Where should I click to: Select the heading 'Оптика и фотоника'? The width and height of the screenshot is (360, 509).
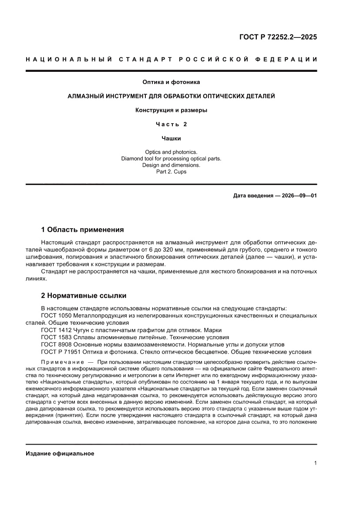click(171, 81)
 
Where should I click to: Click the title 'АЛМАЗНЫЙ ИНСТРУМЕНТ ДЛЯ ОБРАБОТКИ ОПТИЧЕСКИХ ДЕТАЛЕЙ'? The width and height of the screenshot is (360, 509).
click(171, 96)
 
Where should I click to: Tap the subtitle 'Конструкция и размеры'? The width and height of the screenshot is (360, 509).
click(171, 110)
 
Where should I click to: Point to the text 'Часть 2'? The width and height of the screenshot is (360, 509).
click(171, 125)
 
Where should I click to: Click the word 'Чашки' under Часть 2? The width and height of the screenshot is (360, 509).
click(171, 138)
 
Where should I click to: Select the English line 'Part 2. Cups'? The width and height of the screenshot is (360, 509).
click(171, 172)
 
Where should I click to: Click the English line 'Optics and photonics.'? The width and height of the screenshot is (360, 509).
click(171, 152)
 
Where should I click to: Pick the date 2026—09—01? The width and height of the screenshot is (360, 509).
click(296, 195)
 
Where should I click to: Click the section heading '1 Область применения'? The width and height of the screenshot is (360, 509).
click(82, 229)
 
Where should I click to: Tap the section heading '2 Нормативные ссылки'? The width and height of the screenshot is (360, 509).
click(84, 296)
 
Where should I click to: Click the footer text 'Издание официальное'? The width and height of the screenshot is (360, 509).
click(60, 454)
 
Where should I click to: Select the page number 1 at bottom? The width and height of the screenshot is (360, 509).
click(315, 463)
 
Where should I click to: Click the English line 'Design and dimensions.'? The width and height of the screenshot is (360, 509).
click(171, 165)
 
